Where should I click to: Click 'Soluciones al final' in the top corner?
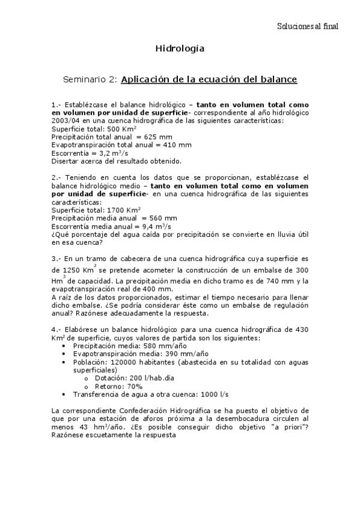pyautogui.click(x=308, y=26)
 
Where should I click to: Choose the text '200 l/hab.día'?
pyautogui.click(x=134, y=378)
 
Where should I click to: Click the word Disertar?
pyautogui.click(x=67, y=161)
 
